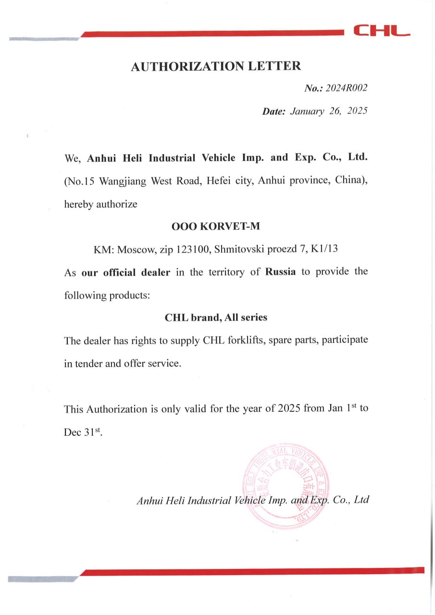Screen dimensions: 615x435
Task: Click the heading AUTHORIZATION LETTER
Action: [x=216, y=66]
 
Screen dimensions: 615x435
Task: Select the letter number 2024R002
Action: [x=346, y=88]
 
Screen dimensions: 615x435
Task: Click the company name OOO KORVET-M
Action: [x=216, y=226]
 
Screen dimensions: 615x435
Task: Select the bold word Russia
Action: [x=280, y=272]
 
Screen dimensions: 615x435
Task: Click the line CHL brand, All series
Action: [x=216, y=318]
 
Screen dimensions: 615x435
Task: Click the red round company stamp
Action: [x=287, y=485]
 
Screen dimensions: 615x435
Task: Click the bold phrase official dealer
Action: [x=126, y=272]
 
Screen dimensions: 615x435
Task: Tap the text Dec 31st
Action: [x=83, y=432]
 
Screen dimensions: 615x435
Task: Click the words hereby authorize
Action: [x=101, y=204]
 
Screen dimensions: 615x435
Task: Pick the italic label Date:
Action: [x=273, y=111]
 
